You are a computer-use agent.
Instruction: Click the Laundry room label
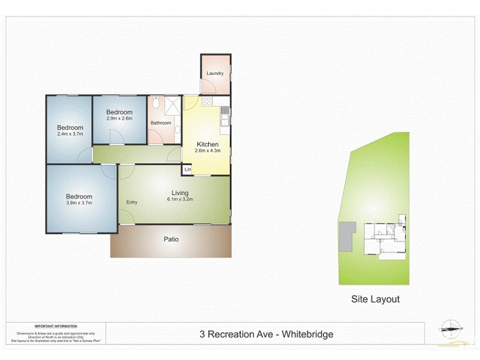pyautogui.click(x=215, y=74)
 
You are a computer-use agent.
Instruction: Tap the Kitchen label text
pyautogui.click(x=208, y=145)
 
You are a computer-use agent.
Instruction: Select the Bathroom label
pyautogui.click(x=160, y=123)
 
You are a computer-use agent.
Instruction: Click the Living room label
pyautogui.click(x=180, y=193)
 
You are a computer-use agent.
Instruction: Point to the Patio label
pyautogui.click(x=171, y=239)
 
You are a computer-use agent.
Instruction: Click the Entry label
pyautogui.click(x=131, y=202)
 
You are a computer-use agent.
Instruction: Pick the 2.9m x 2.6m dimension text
pyautogui.click(x=119, y=118)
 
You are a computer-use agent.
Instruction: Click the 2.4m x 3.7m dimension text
pyautogui.click(x=70, y=134)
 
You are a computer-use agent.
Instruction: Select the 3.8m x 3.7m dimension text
pyautogui.click(x=79, y=203)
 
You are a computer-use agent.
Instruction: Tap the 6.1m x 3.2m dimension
pyautogui.click(x=180, y=199)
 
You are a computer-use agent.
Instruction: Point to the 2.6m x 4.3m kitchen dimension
pyautogui.click(x=208, y=151)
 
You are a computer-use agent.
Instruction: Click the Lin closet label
pyautogui.click(x=187, y=170)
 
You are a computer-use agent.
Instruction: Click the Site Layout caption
pyautogui.click(x=375, y=299)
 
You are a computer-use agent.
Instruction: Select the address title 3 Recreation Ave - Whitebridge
pyautogui.click(x=266, y=334)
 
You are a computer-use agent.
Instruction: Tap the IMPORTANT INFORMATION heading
pyautogui.click(x=56, y=326)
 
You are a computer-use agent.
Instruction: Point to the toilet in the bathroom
pyautogui.click(x=155, y=104)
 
